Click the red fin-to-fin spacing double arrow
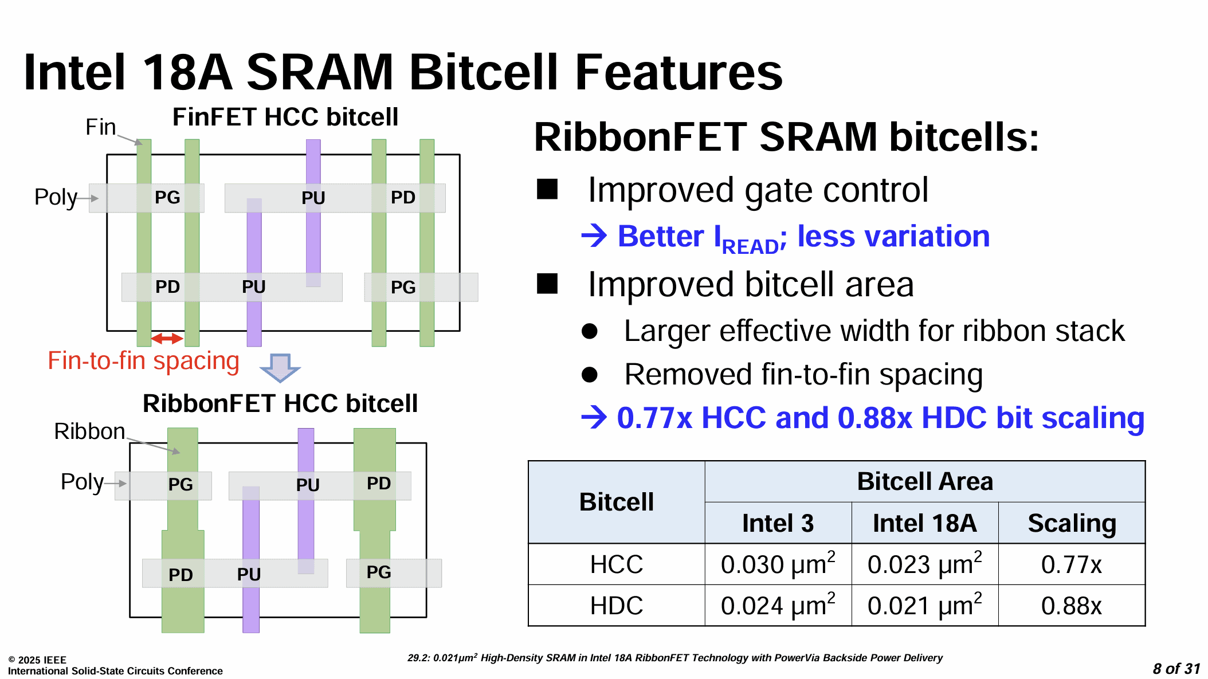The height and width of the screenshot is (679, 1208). (x=167, y=339)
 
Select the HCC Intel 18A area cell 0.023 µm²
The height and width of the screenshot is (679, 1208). (x=924, y=564)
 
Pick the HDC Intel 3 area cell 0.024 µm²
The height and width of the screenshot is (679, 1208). (x=778, y=605)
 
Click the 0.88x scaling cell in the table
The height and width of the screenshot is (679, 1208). (x=1071, y=606)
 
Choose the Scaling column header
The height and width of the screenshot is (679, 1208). (x=1072, y=523)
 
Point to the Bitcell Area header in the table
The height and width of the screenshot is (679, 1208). (x=924, y=481)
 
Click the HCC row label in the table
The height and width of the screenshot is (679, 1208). (x=617, y=564)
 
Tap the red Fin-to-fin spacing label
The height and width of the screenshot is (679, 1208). (x=143, y=362)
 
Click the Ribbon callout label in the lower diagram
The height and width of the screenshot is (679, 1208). (x=89, y=431)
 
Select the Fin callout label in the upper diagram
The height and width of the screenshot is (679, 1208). (x=100, y=127)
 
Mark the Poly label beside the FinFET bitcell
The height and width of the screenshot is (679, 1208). (x=56, y=197)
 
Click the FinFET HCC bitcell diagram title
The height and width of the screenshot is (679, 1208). (x=285, y=117)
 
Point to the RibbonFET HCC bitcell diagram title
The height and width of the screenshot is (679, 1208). (x=280, y=403)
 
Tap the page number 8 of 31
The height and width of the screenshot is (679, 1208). (x=1176, y=669)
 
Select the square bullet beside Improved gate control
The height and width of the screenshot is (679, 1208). (x=547, y=189)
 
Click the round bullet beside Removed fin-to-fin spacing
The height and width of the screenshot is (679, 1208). (x=590, y=375)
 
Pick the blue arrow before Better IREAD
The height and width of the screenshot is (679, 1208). (x=594, y=236)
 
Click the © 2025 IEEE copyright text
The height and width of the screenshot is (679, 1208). (x=37, y=660)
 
